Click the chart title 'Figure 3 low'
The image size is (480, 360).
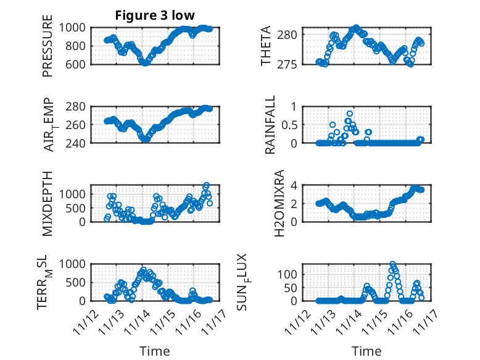(154, 16)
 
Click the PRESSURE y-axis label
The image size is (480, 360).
(48, 51)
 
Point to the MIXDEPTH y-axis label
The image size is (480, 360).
(48, 203)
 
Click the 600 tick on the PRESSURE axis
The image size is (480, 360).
(78, 64)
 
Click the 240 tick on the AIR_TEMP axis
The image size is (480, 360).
(78, 143)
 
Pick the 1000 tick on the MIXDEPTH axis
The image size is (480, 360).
(75, 193)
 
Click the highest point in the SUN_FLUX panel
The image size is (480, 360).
(392, 264)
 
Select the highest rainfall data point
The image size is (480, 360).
(350, 114)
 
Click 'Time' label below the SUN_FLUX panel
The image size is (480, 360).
(366, 351)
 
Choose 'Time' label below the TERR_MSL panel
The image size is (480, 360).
(154, 351)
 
